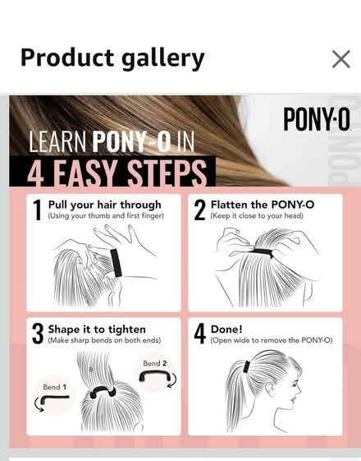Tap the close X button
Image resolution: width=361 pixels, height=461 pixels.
point(341,59)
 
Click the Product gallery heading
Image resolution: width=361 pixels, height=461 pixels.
point(112,58)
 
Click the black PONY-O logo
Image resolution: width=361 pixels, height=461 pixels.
point(317,119)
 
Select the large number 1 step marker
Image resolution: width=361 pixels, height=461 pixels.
point(37,210)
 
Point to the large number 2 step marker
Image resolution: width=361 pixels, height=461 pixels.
point(200,210)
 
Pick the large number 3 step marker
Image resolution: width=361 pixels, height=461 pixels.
point(38,334)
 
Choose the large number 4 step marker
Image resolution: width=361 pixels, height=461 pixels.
point(200,334)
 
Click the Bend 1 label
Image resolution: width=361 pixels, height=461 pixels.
point(55,387)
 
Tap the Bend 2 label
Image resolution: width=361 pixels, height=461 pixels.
point(155,363)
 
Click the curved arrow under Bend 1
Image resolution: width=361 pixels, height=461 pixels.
point(39,404)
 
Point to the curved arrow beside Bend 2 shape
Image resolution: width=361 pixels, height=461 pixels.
point(172,380)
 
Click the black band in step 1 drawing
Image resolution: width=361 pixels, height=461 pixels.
point(116,263)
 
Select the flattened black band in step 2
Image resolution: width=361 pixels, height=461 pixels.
point(263,252)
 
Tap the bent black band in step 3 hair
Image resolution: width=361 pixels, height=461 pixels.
point(103,391)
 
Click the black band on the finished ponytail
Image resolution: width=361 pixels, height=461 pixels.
point(246,367)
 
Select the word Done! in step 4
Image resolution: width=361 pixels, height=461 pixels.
point(226,330)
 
